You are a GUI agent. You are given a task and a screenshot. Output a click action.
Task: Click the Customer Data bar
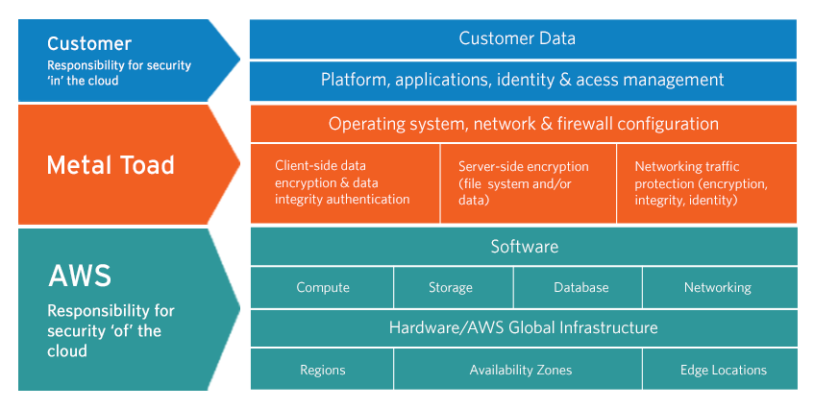(523, 39)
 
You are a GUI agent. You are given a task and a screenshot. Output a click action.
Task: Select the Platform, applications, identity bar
(523, 81)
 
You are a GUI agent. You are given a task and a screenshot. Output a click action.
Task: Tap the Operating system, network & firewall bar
(523, 124)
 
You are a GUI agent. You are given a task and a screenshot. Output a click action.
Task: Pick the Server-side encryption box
(527, 182)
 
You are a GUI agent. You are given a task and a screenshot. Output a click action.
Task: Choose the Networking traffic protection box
(706, 182)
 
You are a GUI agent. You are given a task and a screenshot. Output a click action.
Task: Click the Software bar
(523, 247)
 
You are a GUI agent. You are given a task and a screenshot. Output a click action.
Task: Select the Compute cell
(322, 287)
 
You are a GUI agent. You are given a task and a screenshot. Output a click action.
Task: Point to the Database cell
(580, 287)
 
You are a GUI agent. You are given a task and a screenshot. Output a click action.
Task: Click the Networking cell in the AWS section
(718, 287)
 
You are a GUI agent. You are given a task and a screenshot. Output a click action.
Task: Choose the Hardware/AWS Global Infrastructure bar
(523, 327)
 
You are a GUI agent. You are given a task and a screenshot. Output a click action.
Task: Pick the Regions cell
(322, 370)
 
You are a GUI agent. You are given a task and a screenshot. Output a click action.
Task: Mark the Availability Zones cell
(519, 370)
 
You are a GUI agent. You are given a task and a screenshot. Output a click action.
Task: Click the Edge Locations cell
(722, 370)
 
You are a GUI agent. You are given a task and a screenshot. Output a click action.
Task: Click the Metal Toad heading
(111, 165)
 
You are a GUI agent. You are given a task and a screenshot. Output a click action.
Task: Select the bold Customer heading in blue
(89, 44)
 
